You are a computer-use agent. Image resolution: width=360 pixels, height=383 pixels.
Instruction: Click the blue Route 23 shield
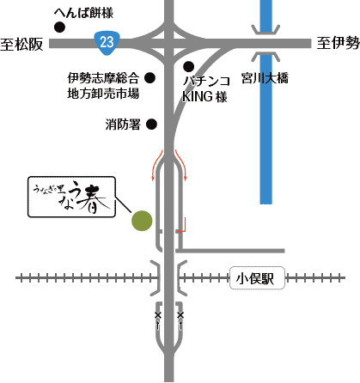coord(105,40)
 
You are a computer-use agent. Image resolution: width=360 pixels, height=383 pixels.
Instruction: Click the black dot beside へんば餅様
coord(59,27)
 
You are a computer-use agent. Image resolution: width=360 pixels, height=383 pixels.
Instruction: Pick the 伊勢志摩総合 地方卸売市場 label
coord(103,85)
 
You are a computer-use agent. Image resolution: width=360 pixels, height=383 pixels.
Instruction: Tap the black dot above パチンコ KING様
coord(188,66)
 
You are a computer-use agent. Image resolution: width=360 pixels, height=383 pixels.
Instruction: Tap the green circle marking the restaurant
coord(142,221)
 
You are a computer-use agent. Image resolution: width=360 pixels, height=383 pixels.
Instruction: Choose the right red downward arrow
coord(182,163)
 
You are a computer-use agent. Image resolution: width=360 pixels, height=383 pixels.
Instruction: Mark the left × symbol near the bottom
coord(157,316)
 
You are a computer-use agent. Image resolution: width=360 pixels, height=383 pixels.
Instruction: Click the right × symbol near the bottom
coord(181,316)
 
